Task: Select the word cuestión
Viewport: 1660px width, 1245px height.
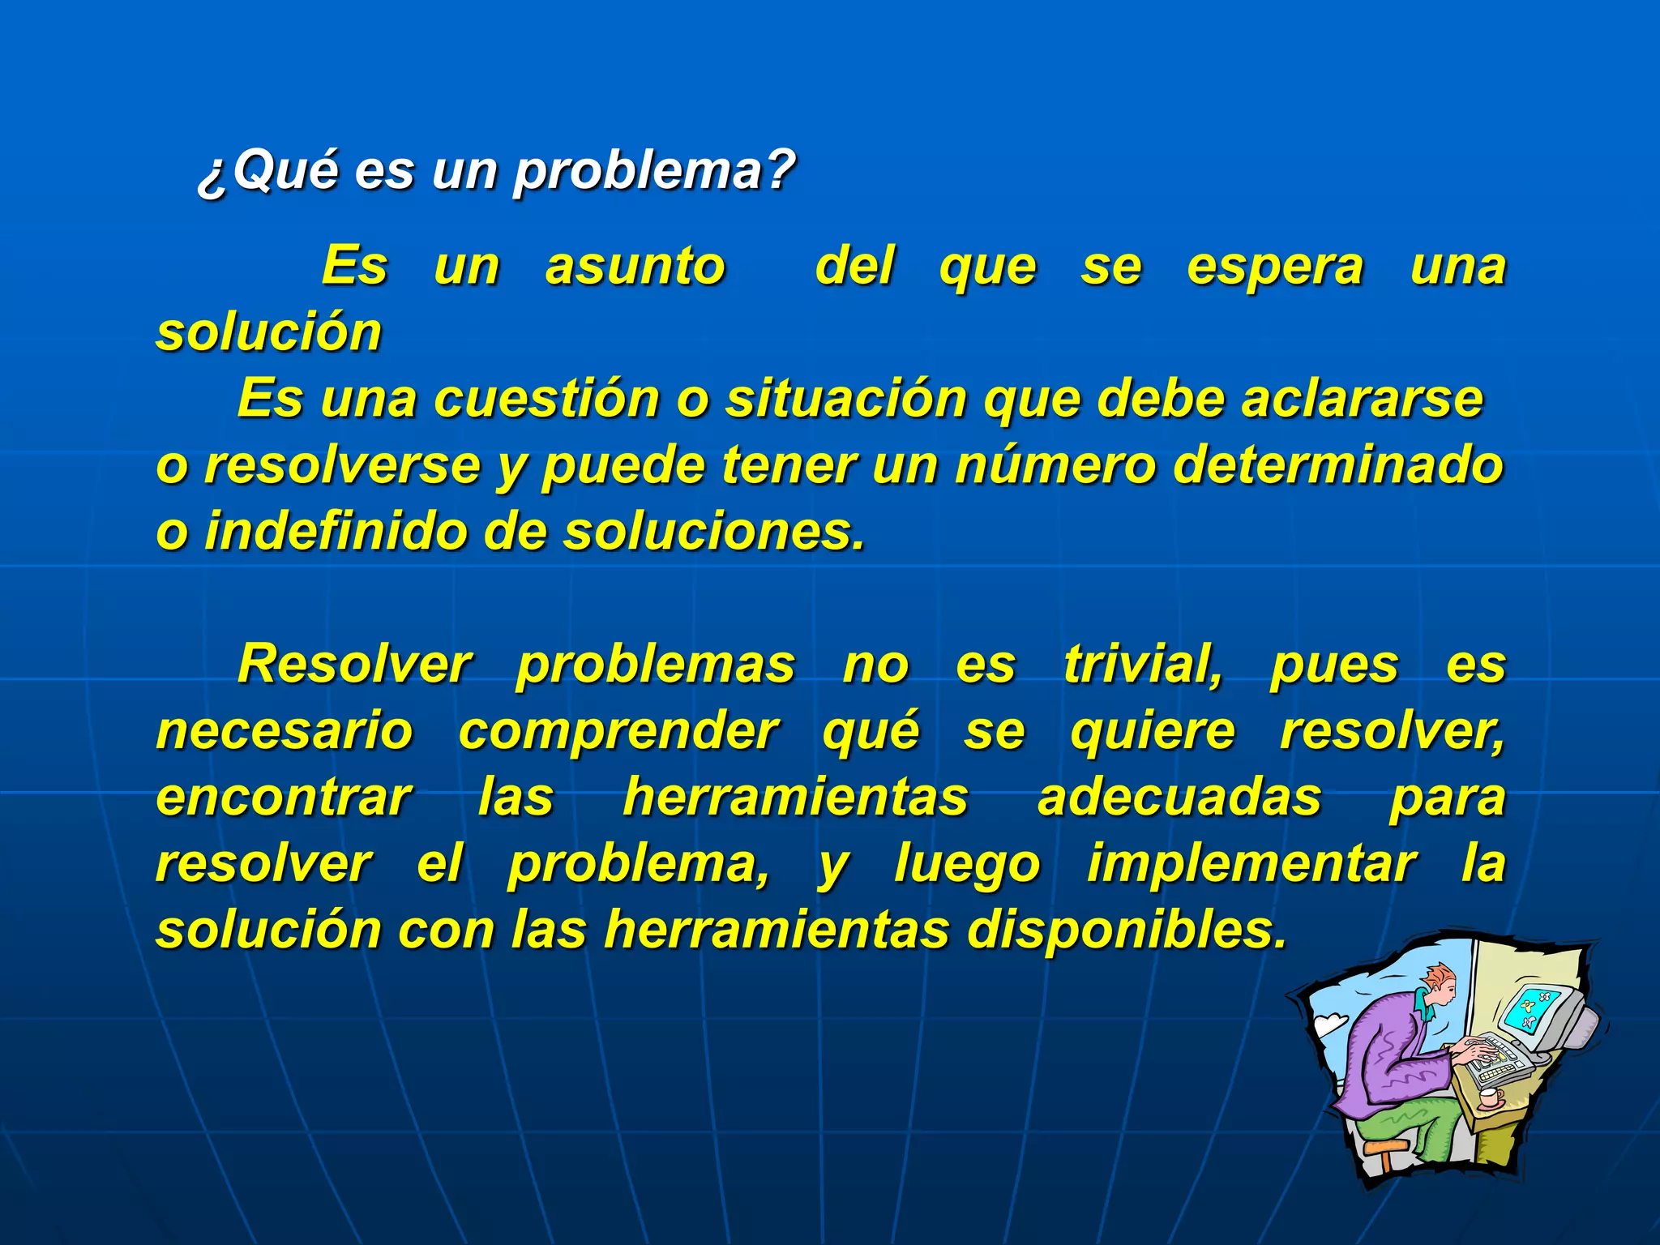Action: tap(547, 400)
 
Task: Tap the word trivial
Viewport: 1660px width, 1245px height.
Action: tap(1143, 665)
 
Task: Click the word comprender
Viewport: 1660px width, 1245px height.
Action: tap(618, 732)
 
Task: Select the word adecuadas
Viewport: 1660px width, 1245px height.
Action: tap(1179, 798)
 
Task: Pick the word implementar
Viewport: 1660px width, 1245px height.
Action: tap(1251, 865)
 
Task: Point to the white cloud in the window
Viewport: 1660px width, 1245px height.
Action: tap(1330, 1025)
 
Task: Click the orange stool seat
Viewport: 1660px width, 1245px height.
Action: tap(1386, 1147)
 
